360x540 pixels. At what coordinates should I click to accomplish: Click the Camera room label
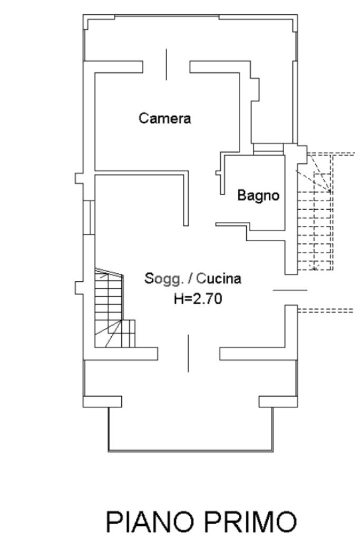coord(165,119)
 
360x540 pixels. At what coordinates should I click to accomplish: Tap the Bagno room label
coord(258,195)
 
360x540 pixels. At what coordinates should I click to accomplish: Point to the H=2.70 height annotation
coord(198,299)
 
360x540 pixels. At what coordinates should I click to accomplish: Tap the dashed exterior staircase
coord(315,211)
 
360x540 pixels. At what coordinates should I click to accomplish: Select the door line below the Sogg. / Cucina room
coord(188,353)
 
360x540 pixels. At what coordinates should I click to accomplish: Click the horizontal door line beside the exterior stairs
coord(289,290)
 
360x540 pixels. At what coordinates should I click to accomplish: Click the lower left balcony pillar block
coord(103,401)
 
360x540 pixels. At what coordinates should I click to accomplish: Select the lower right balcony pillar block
coord(278,401)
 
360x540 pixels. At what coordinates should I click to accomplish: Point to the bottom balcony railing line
coord(191,451)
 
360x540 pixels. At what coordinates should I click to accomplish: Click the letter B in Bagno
coord(241,195)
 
